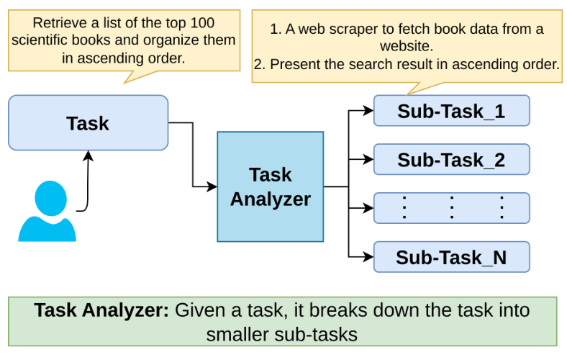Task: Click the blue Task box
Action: click(x=88, y=123)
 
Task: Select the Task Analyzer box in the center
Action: click(x=270, y=186)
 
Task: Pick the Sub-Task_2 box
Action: click(x=451, y=159)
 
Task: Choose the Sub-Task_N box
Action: click(x=451, y=257)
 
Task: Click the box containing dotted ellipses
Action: click(x=451, y=208)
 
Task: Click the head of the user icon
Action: click(x=47, y=195)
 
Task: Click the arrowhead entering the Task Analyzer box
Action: click(x=212, y=187)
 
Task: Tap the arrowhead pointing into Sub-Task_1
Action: click(x=369, y=111)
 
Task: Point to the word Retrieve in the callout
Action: click(x=58, y=22)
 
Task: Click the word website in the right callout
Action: click(x=407, y=47)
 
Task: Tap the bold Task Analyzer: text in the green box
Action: click(x=101, y=311)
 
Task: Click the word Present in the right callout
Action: click(x=291, y=64)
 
